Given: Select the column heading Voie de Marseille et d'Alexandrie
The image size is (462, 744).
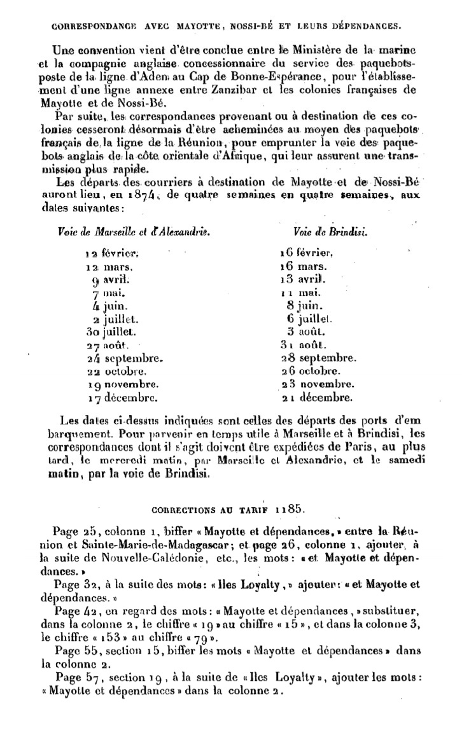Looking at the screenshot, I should [134, 232].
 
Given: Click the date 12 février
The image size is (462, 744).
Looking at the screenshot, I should [111, 253].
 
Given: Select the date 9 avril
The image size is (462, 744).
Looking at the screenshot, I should [111, 279].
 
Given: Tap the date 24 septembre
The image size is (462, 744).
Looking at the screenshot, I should [124, 358].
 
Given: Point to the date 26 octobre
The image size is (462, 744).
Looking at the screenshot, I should [312, 371].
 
